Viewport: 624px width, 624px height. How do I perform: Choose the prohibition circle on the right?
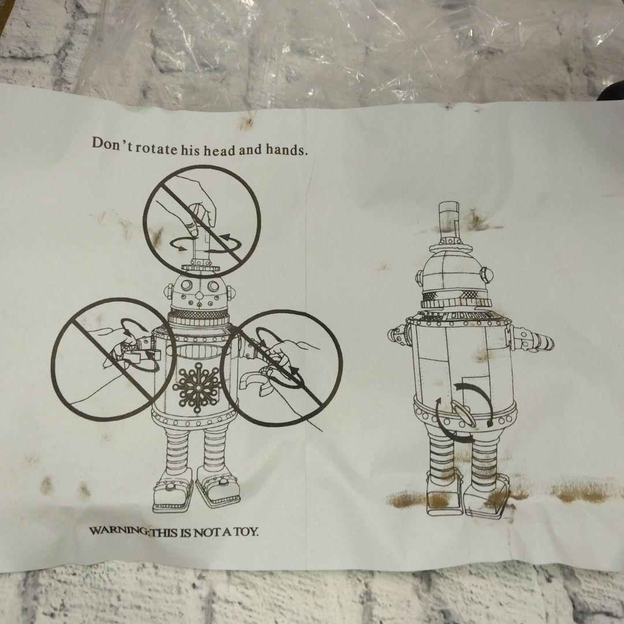pos(281,368)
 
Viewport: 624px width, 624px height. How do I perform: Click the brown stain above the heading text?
pos(247,122)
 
